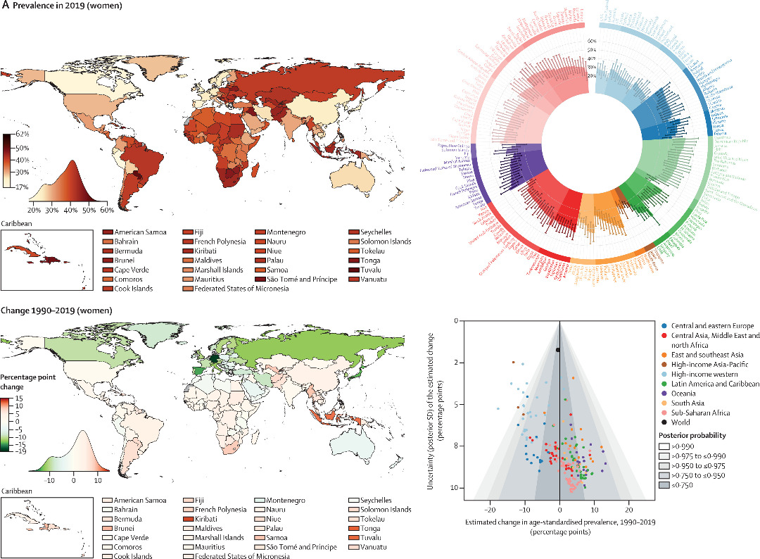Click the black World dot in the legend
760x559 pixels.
[x=664, y=422]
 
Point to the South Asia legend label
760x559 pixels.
[x=689, y=403]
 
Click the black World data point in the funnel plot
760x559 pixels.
[x=558, y=349]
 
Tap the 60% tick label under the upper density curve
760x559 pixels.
[x=107, y=210]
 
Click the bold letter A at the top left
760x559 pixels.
[x=4, y=6]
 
